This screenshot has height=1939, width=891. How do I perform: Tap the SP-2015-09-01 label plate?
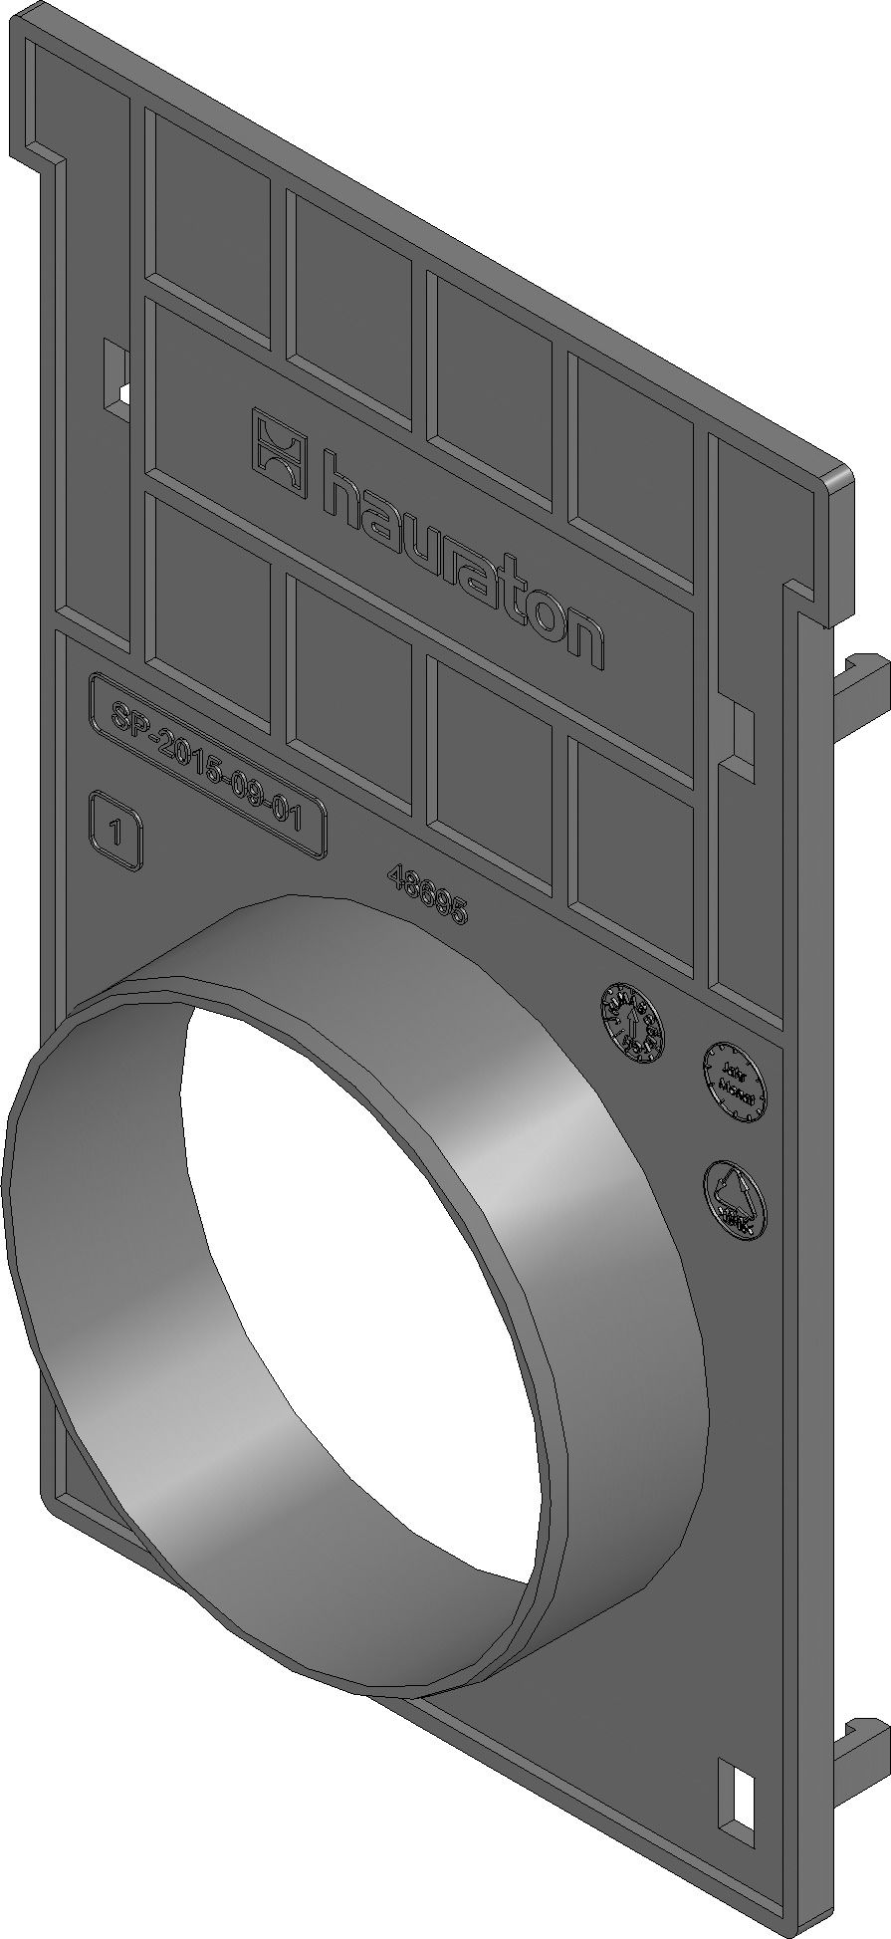208,764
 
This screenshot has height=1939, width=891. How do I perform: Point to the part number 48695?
429,893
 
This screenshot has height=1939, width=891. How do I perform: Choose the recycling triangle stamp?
735,1198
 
